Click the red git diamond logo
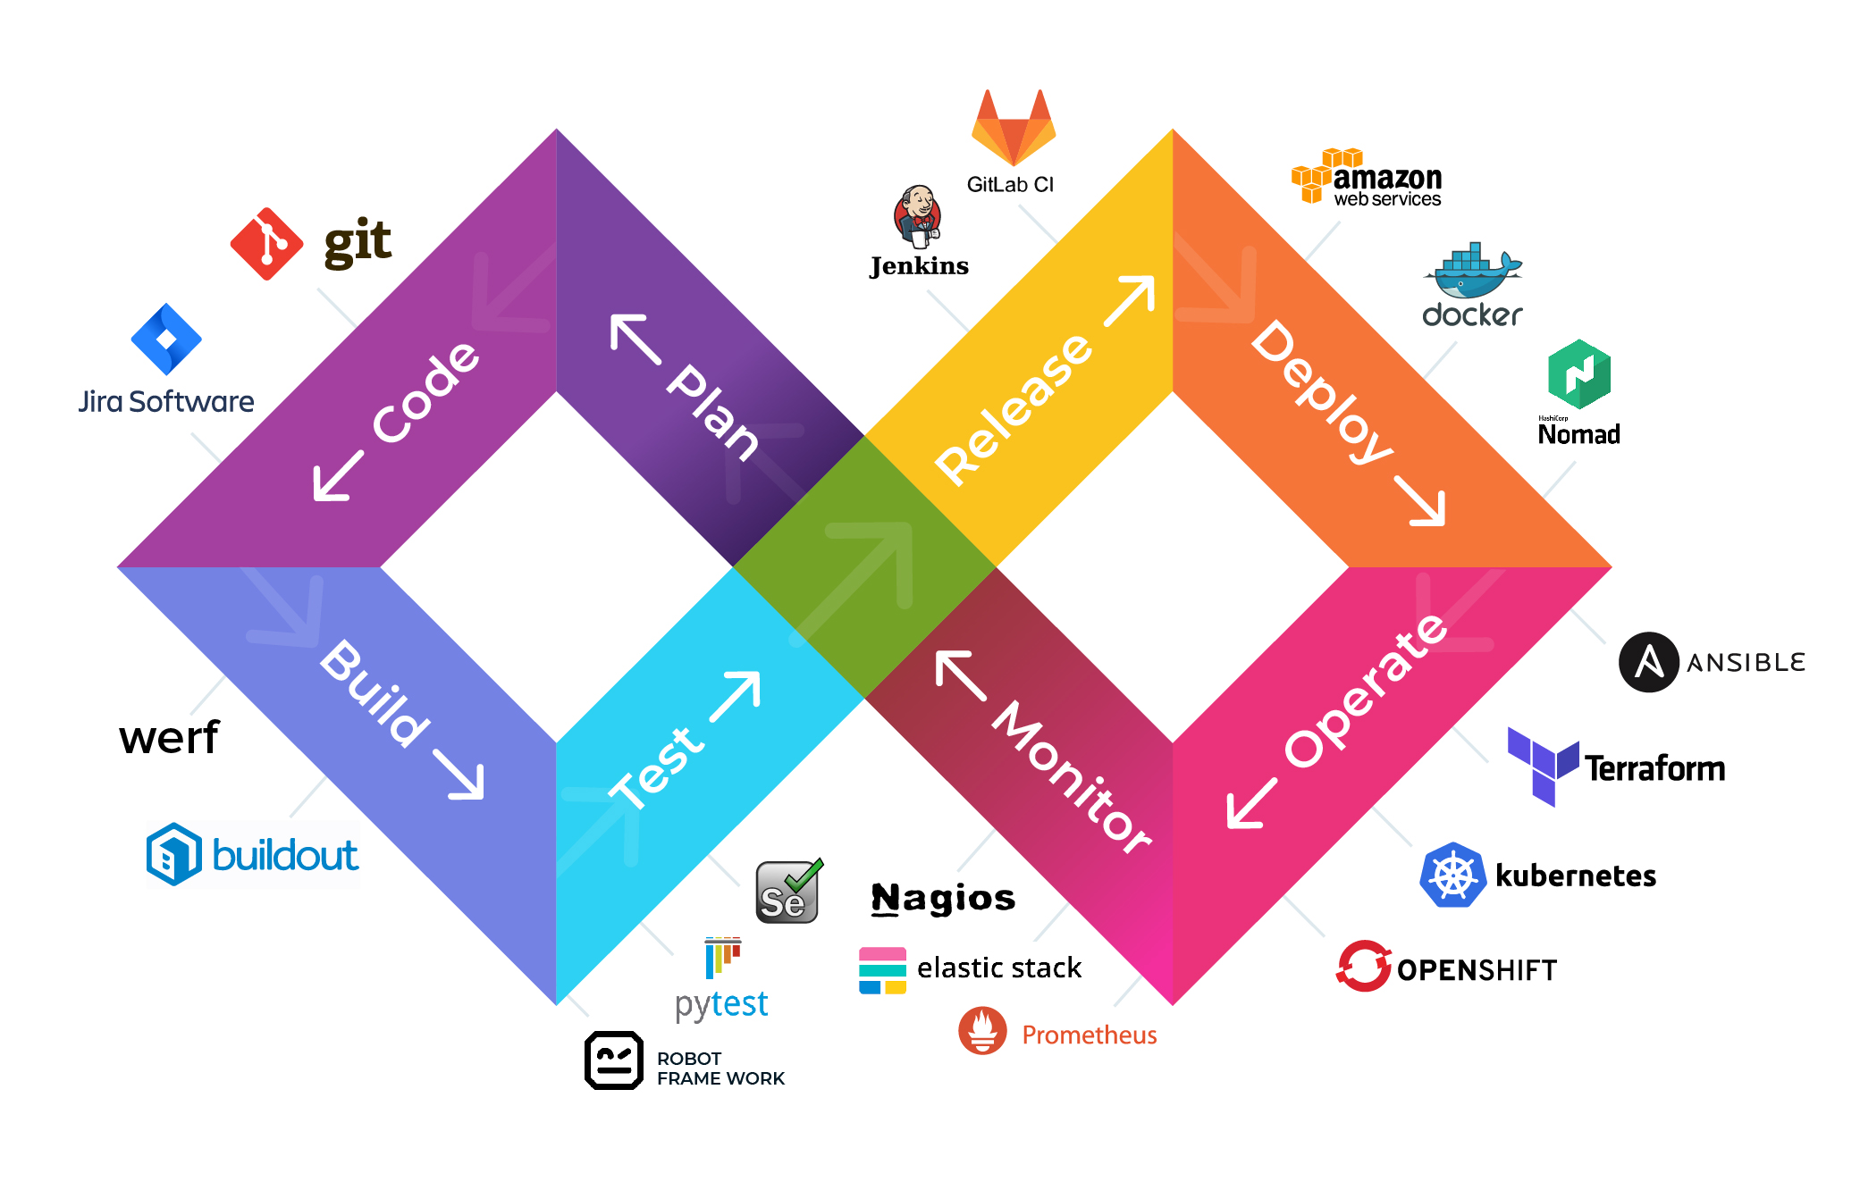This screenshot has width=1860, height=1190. pyautogui.click(x=266, y=244)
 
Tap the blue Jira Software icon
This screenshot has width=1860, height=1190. pyautogui.click(x=166, y=339)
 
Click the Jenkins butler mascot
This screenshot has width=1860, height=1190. pyautogui.click(x=918, y=216)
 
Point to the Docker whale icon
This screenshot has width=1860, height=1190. pyautogui.click(x=1472, y=272)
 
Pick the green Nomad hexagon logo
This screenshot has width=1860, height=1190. pyautogui.click(x=1579, y=374)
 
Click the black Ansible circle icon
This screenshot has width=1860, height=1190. pyautogui.click(x=1648, y=662)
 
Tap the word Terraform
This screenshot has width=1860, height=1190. pyautogui.click(x=1655, y=768)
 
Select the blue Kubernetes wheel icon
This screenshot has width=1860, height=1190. pyautogui.click(x=1452, y=876)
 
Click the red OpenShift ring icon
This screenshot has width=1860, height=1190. pyautogui.click(x=1364, y=966)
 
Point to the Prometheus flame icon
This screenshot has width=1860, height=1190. pyautogui.click(x=982, y=1031)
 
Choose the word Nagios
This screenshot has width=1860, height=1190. pyautogui.click(x=943, y=898)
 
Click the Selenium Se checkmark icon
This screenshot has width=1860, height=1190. pyautogui.click(x=787, y=892)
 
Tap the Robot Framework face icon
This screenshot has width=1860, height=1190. pyautogui.click(x=614, y=1060)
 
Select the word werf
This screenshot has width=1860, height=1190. pyautogui.click(x=169, y=738)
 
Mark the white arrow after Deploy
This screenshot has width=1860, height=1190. pyautogui.click(x=1420, y=501)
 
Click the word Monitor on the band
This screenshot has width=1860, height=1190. pyautogui.click(x=1072, y=777)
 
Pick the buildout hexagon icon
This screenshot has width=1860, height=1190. pyautogui.click(x=173, y=855)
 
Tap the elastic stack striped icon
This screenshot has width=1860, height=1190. pyautogui.click(x=882, y=970)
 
